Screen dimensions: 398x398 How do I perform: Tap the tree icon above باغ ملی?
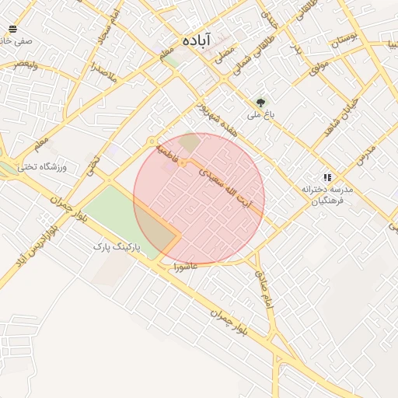[x=260, y=102]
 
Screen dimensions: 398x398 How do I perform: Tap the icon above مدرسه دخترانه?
[x=327, y=177]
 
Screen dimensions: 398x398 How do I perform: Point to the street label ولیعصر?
[x=26, y=65]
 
